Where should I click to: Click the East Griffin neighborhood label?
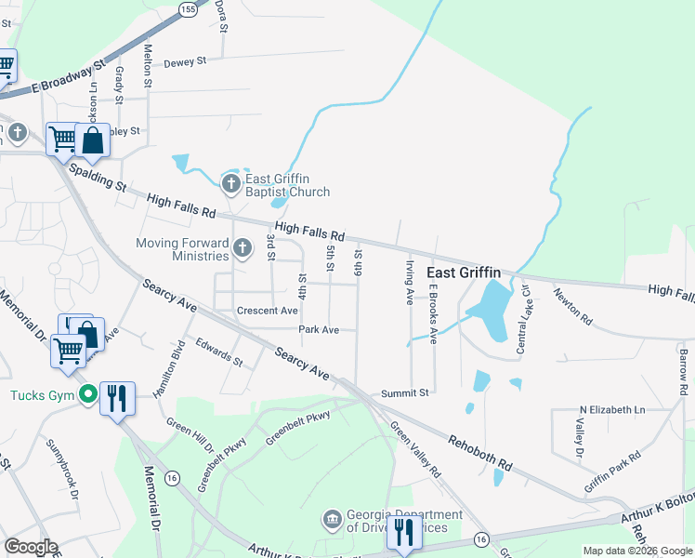[464, 272]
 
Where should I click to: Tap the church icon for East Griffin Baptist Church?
[230, 180]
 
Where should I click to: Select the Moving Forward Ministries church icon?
[243, 247]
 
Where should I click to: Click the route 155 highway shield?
[189, 8]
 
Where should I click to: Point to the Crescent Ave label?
[267, 311]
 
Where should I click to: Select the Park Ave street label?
[318, 329]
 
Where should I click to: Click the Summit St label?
[405, 393]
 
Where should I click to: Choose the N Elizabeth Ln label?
[611, 409]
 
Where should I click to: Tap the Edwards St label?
[218, 352]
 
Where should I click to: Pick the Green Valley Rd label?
[414, 449]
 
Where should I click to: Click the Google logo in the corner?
[31, 547]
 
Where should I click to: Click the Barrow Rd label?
[683, 369]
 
